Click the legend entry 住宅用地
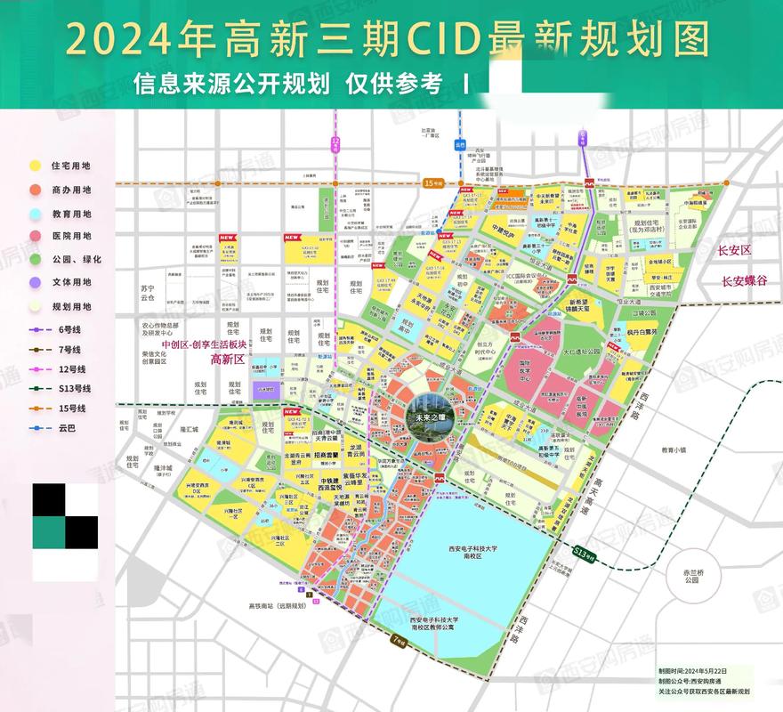(x=71, y=166)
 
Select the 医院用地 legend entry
(x=71, y=236)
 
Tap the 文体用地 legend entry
(x=71, y=282)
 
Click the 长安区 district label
(x=736, y=252)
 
